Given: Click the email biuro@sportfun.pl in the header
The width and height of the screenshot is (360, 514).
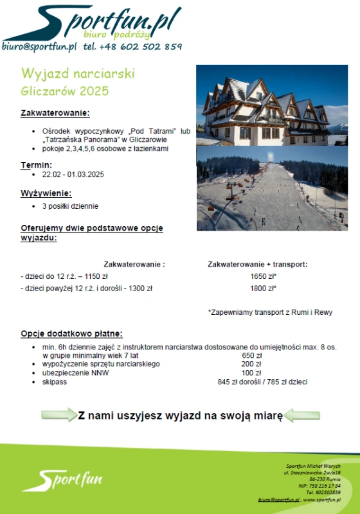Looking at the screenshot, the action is [x=39, y=46].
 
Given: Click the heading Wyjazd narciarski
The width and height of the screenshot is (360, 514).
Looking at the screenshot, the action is [x=78, y=74].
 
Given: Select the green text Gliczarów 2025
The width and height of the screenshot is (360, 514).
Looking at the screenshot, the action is [x=65, y=91].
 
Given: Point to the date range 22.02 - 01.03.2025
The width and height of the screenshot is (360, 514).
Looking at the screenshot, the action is [x=73, y=174].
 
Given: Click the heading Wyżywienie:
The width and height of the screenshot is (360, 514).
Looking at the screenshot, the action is [x=46, y=193].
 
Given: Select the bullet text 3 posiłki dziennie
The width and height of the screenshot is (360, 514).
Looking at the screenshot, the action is [x=71, y=206].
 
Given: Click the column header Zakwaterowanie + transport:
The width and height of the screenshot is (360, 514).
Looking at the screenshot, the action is [x=258, y=264].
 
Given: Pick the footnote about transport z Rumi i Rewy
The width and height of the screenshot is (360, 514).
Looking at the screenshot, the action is [x=270, y=312].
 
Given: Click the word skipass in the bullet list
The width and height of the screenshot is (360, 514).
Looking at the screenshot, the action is [x=54, y=382].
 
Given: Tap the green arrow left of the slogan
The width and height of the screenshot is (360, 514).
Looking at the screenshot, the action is [x=59, y=415].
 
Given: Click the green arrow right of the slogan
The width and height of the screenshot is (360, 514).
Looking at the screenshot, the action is [x=301, y=415].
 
